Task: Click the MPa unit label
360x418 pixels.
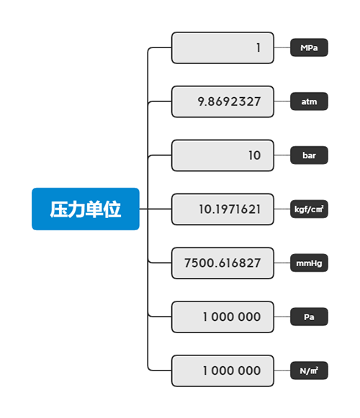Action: point(309,47)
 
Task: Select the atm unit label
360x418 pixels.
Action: point(309,101)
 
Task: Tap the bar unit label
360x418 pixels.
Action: point(309,155)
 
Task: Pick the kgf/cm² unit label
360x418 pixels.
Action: point(309,209)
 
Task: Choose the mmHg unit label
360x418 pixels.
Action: point(309,263)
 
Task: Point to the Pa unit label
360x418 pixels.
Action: point(309,317)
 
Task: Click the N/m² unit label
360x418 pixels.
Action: point(309,371)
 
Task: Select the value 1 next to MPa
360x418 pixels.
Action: point(258,48)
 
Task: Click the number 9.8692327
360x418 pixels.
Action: point(229,102)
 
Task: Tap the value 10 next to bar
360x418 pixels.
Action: point(254,155)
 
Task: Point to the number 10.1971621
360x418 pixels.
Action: point(230,209)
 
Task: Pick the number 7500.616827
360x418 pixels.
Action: point(222,263)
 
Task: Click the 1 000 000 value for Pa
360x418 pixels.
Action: point(232,317)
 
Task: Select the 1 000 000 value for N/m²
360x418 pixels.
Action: point(232,371)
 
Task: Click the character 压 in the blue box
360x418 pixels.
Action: point(59,209)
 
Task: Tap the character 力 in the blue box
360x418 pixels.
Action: point(76,209)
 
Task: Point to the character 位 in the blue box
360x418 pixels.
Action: point(112,209)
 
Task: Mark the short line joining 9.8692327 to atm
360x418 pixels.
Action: point(282,101)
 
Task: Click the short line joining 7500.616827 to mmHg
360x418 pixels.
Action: point(282,263)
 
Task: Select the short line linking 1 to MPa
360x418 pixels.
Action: point(282,47)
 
